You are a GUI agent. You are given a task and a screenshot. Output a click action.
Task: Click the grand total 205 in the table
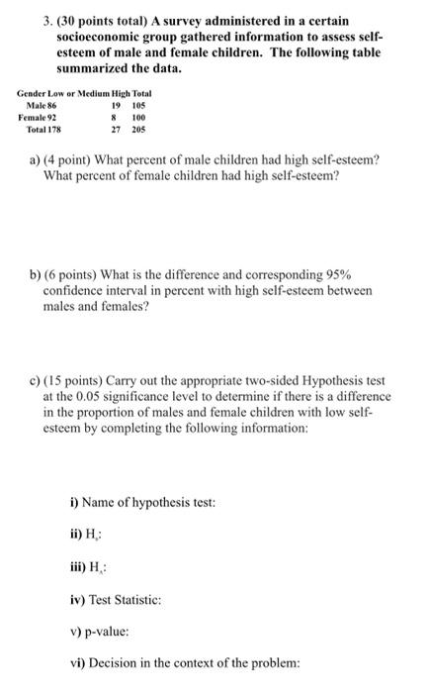[142, 128]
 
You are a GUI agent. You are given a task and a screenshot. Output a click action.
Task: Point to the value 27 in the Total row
[117, 128]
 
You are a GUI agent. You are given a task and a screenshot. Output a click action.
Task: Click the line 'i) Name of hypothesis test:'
[135, 503]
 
